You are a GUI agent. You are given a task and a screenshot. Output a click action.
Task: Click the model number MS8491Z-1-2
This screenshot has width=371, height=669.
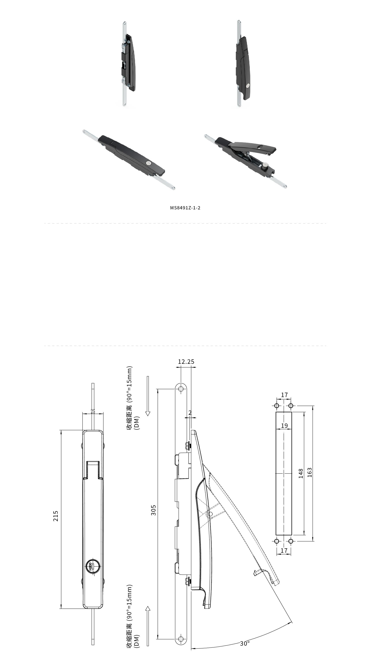[185, 208]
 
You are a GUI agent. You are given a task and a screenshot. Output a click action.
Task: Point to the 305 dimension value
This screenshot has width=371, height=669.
[154, 510]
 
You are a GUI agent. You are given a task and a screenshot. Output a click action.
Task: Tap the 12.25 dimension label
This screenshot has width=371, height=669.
[186, 362]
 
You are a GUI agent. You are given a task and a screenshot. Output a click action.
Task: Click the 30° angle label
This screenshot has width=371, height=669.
[245, 643]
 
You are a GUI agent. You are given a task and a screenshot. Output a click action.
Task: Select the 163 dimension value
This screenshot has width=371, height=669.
[310, 472]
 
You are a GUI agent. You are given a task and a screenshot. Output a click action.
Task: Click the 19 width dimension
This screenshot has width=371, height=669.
[284, 426]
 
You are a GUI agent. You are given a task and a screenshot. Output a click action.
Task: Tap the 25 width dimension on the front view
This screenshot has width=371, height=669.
[93, 411]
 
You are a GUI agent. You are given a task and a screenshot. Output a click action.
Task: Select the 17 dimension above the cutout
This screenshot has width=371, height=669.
[284, 395]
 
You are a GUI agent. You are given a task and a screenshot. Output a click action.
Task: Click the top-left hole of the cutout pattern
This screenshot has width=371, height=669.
[277, 406]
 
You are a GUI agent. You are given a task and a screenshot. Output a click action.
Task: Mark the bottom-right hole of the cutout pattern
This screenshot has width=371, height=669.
[291, 541]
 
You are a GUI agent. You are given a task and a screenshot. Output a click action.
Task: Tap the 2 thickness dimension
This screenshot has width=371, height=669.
[190, 413]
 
